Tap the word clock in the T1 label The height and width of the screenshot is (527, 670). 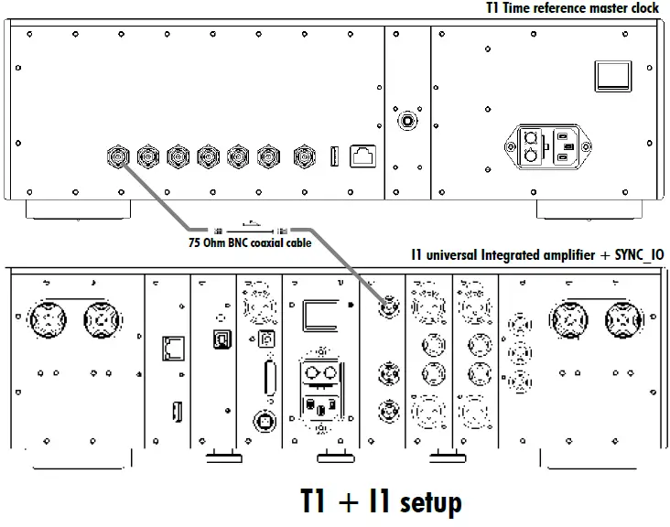641,8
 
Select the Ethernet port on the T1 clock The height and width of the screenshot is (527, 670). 363,156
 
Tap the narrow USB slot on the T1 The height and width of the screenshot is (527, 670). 334,156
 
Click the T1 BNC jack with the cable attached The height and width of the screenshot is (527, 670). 118,156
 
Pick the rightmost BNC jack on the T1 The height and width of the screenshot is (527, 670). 302,156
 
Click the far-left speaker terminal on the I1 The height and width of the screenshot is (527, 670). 47,319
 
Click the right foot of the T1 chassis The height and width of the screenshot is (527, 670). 583,210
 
